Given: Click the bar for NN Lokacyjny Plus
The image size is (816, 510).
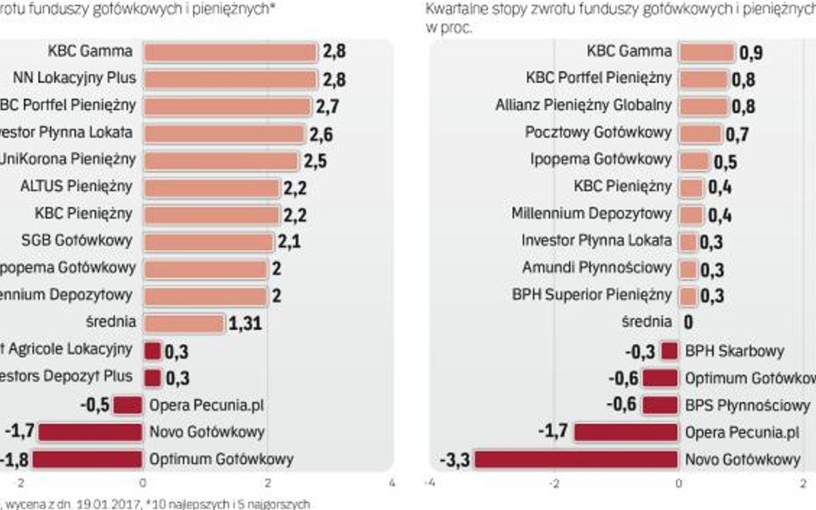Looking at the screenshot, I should tap(230, 79).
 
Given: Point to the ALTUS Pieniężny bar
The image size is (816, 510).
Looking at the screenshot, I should tap(211, 187).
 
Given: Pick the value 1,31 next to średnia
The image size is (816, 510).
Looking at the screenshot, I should tap(244, 323).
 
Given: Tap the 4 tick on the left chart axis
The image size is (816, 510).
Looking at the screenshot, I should tap(392, 482).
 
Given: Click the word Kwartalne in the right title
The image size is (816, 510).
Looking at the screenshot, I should tap(454, 9).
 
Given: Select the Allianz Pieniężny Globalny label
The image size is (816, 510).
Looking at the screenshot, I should tap(583, 106).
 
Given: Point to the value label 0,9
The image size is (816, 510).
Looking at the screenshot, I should tap(751, 52).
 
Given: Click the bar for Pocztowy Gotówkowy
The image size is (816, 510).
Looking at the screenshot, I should tap(700, 133).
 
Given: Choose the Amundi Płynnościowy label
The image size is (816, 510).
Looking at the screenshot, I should tap(597, 268).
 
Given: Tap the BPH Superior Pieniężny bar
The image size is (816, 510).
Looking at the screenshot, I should tap(688, 296).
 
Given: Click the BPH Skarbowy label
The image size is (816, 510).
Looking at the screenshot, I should tap(734, 351).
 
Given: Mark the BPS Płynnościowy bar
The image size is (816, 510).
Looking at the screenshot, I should tap(660, 405).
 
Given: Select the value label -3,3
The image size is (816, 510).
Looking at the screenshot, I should tap(454, 459).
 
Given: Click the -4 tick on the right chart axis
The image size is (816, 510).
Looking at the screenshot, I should tap(430, 482).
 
